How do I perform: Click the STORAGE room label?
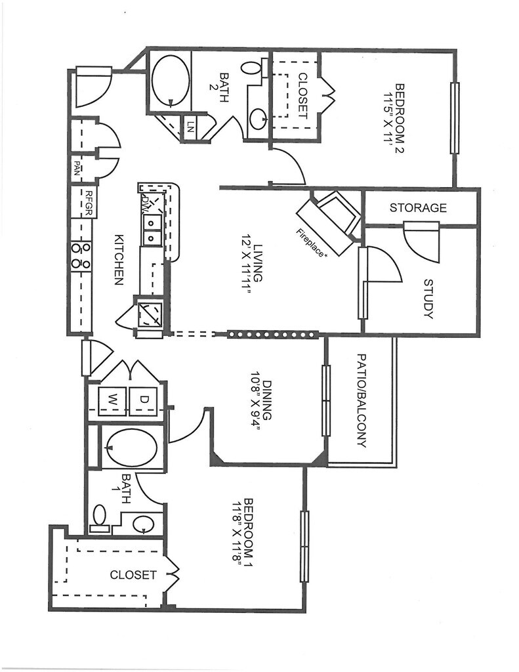(x=418, y=208)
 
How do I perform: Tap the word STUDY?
(x=428, y=299)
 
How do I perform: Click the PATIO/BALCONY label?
(x=362, y=400)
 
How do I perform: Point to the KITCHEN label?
(x=119, y=260)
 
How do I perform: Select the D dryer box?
(x=144, y=401)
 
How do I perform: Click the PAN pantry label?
(x=77, y=168)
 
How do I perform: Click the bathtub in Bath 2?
(x=170, y=80)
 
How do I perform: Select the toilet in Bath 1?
(x=100, y=517)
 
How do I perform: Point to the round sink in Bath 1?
(x=143, y=524)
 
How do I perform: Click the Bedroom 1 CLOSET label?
(x=133, y=575)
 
